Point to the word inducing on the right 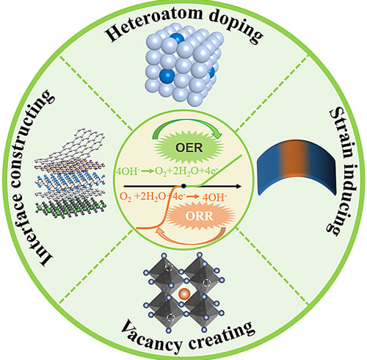tap(340, 197)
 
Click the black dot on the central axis tap(183, 187)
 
